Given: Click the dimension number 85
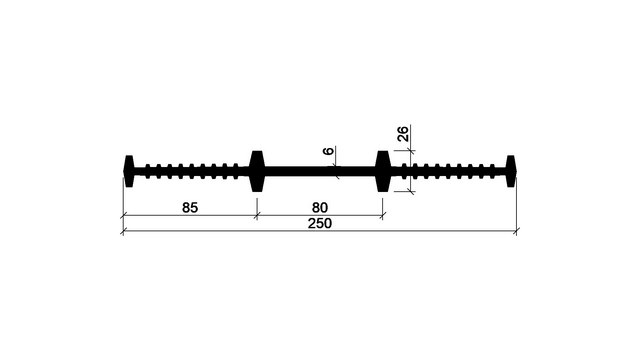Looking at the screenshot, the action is click(x=190, y=208).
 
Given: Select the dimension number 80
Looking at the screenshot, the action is click(x=320, y=208).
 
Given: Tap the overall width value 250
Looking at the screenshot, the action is click(x=320, y=224).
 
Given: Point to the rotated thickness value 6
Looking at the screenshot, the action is click(x=328, y=151).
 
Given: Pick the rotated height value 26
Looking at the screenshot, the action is click(x=402, y=134).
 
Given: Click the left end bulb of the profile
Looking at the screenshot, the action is click(x=129, y=171).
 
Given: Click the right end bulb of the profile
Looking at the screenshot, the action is click(x=511, y=171).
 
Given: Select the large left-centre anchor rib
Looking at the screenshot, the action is click(x=257, y=171).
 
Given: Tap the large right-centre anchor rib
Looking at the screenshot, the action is click(x=383, y=171).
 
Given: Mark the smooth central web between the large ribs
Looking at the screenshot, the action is click(x=320, y=171).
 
